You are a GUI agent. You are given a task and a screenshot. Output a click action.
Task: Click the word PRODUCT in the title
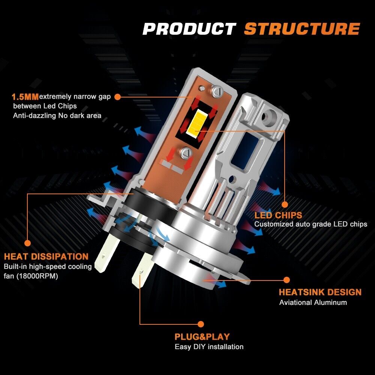(x=189, y=29)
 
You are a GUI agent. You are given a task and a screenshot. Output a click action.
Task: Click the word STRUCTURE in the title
(x=302, y=29)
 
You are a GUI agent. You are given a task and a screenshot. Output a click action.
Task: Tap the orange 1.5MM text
(x=25, y=97)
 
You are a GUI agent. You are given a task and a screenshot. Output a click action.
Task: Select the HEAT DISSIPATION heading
(x=46, y=256)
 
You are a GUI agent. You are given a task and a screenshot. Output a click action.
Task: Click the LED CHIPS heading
(x=278, y=215)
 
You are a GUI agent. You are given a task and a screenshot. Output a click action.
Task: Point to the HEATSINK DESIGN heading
(x=320, y=292)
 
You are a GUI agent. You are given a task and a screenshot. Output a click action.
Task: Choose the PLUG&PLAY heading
(x=202, y=337)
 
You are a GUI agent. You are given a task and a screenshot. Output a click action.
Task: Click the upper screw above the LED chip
(x=217, y=91)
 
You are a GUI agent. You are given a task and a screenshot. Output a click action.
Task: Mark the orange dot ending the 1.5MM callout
(x=117, y=97)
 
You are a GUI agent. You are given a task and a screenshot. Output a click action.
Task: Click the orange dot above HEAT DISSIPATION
(x=27, y=243)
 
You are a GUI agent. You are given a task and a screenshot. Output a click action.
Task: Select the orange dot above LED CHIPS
(x=285, y=204)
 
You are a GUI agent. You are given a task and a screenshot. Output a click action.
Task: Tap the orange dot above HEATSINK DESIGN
(x=286, y=280)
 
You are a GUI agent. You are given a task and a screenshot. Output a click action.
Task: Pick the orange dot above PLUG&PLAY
(x=201, y=324)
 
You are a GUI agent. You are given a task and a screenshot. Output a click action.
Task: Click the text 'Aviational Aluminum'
(x=313, y=303)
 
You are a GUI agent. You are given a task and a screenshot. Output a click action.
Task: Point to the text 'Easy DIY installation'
(x=209, y=347)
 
